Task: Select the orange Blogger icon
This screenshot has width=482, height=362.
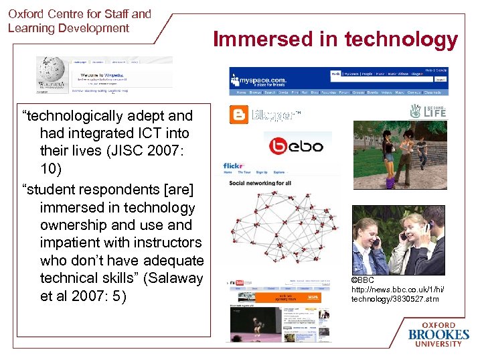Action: tap(238, 115)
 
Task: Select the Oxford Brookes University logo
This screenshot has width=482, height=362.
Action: tap(438, 333)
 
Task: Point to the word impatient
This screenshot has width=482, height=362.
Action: tap(72, 243)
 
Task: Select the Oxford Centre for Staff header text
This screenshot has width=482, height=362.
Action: tap(79, 13)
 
